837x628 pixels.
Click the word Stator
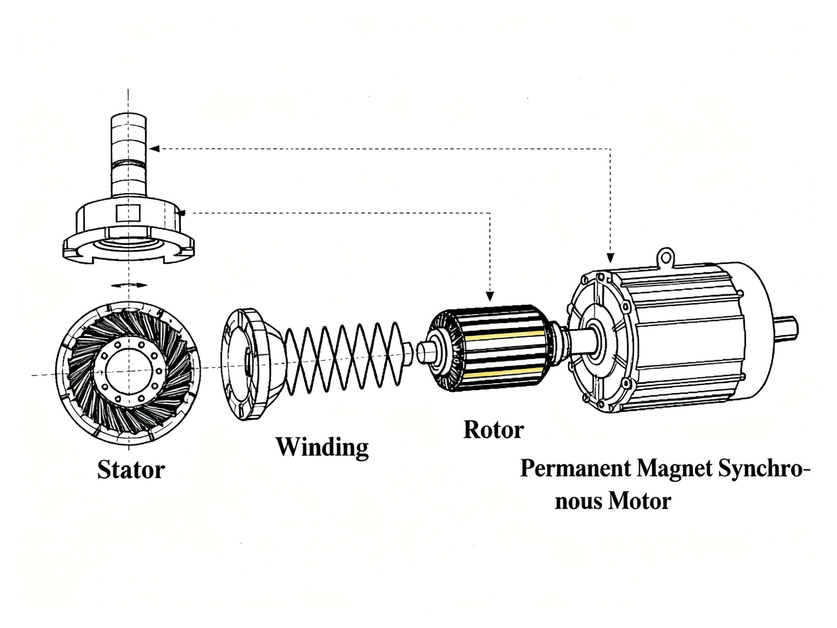pos(131,470)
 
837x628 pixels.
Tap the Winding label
pos(322,447)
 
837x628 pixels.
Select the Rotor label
pos(494,430)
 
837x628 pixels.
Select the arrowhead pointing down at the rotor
pos(490,296)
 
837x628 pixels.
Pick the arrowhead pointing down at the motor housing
pos(610,258)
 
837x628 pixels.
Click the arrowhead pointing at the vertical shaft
pos(155,149)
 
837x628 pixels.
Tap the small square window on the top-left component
pos(128,213)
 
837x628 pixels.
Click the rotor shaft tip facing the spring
pos(426,352)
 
